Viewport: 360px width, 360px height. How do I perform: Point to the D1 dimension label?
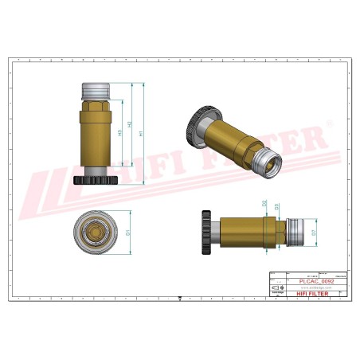[127, 233]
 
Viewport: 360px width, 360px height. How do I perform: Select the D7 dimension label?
[314, 233]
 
